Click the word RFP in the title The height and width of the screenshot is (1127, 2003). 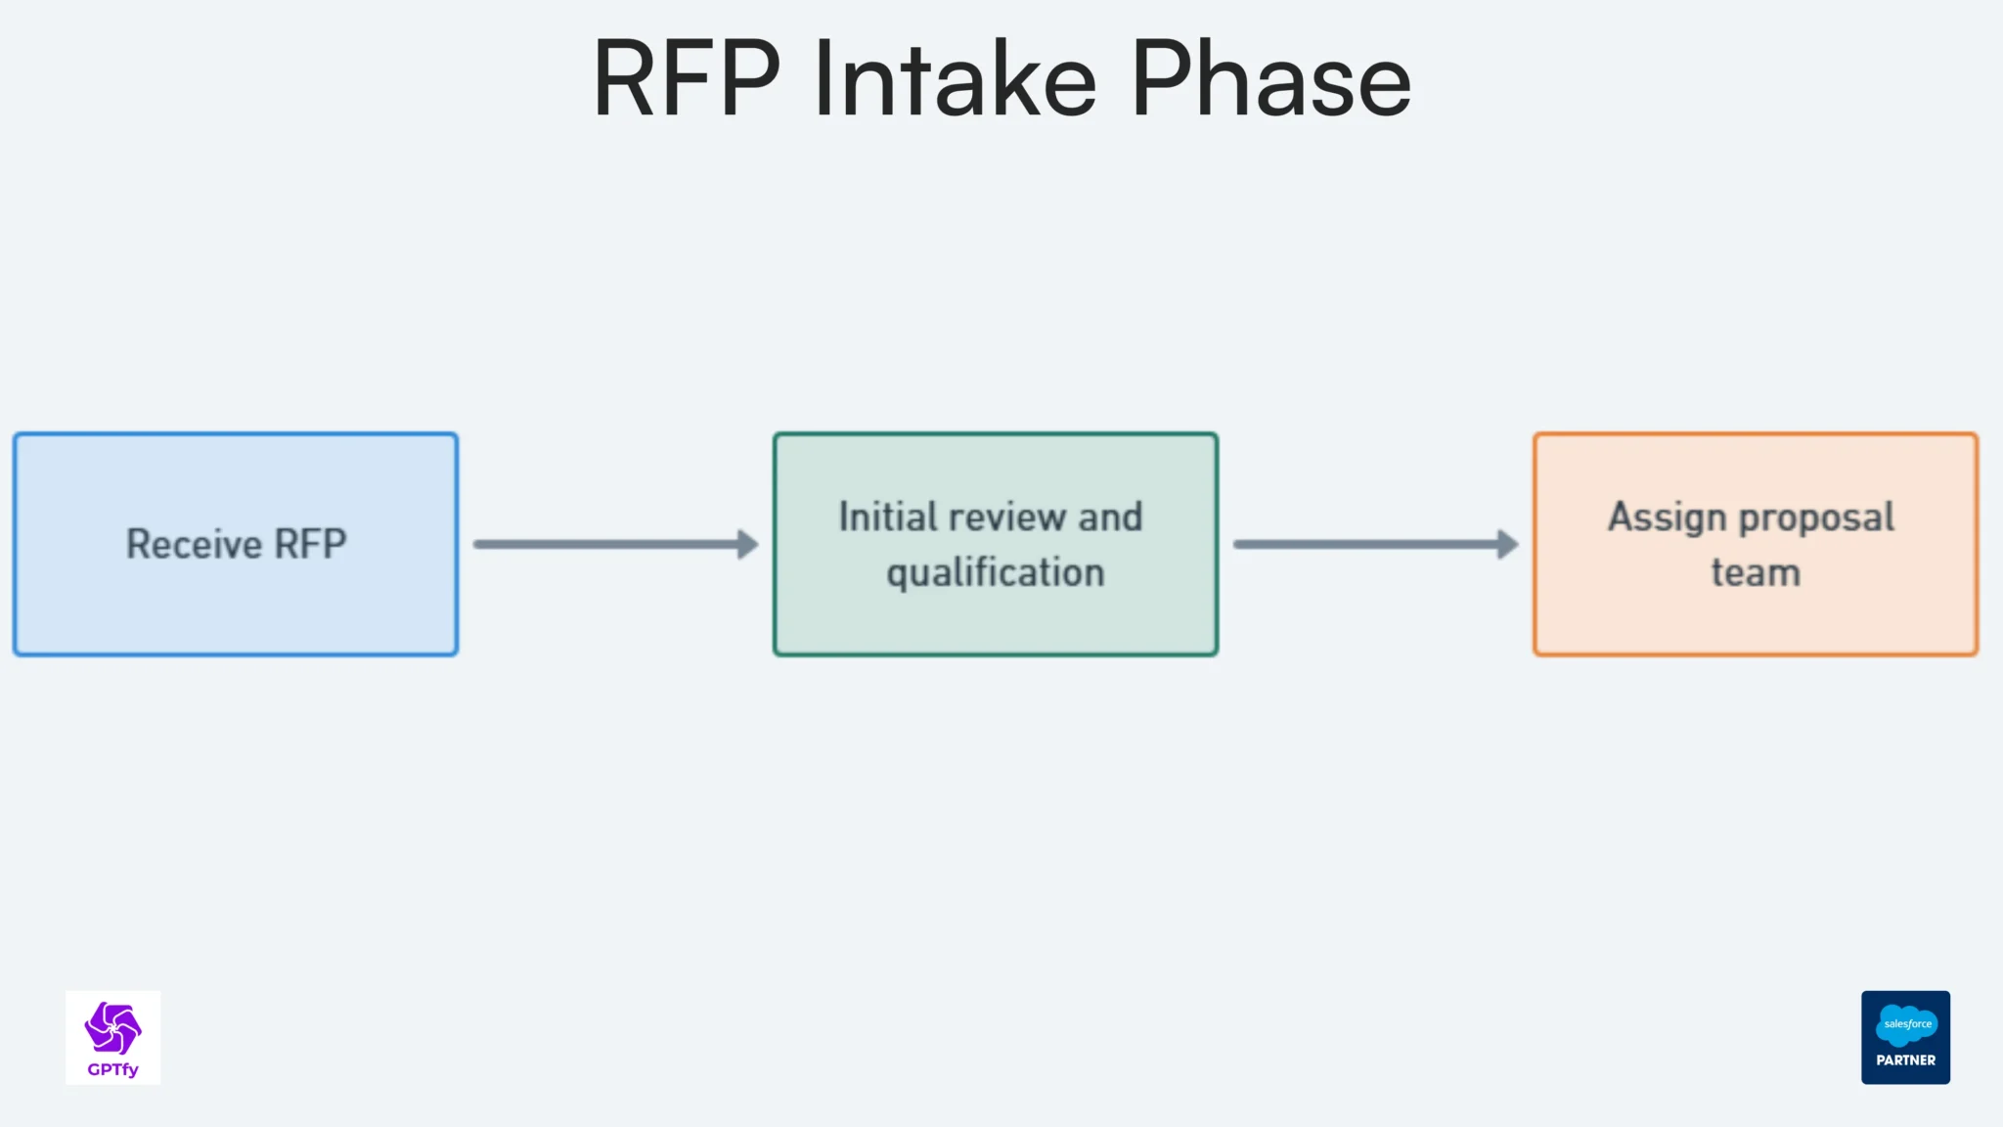tap(687, 80)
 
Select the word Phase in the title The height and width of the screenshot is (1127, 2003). tap(1270, 80)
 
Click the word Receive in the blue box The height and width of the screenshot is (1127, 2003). tap(194, 544)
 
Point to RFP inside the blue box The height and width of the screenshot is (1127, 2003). tap(310, 544)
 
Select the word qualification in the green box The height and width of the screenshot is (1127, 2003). tap(995, 573)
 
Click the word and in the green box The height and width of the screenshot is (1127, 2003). tap(1110, 517)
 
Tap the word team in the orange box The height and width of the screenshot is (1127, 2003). tap(1756, 573)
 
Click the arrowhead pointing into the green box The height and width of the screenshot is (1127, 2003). tap(748, 544)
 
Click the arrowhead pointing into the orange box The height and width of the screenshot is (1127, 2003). tap(1508, 544)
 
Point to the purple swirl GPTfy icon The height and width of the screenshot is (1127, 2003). tap(112, 1027)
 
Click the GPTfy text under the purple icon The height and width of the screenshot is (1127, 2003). tap(112, 1069)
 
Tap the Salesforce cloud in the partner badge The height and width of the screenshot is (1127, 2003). tap(1906, 1024)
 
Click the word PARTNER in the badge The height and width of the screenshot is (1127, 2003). tap(1905, 1060)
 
